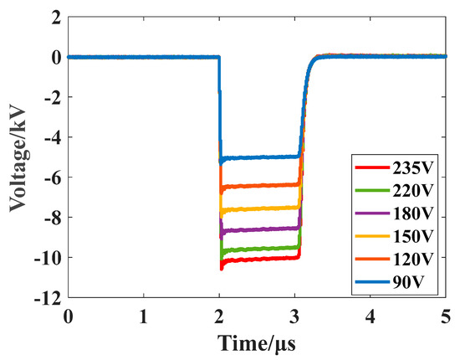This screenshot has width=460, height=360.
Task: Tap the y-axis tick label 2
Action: tap(55, 18)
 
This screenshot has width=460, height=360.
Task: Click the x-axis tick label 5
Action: tap(446, 316)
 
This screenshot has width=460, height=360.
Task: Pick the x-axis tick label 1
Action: tap(144, 316)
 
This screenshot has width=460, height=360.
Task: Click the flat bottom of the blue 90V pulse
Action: tap(259, 157)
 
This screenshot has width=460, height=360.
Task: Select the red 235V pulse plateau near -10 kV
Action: tap(259, 259)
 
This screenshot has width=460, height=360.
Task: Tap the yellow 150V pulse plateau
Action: tap(259, 208)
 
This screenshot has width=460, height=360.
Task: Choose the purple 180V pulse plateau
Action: tap(259, 229)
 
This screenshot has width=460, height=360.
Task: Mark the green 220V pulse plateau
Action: tap(259, 249)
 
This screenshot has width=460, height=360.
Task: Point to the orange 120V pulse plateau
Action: tap(259, 185)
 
